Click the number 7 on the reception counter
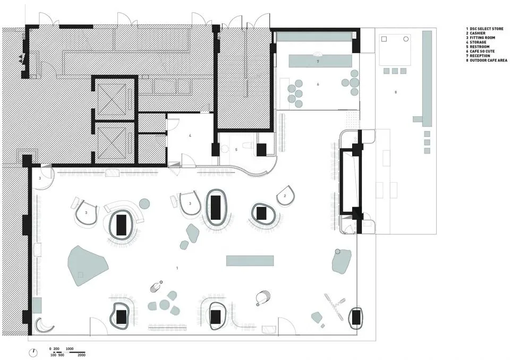(x=317, y=62)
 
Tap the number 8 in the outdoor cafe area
(x=395, y=92)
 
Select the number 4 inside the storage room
(x=189, y=136)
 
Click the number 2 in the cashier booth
(x=285, y=196)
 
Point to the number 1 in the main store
(x=177, y=269)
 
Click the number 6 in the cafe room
(x=318, y=84)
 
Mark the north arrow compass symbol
(x=34, y=352)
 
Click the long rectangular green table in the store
(x=250, y=261)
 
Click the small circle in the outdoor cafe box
(x=406, y=39)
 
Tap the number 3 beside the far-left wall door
(x=40, y=178)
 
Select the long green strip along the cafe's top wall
(x=313, y=36)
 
